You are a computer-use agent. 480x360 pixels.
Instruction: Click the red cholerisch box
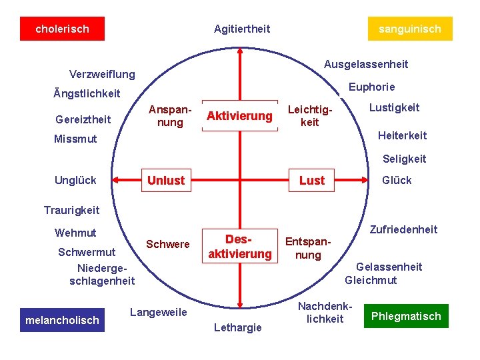[x=62, y=29]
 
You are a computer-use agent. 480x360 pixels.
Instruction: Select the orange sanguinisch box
[x=410, y=29]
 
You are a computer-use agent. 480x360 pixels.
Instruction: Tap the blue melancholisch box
[x=62, y=320]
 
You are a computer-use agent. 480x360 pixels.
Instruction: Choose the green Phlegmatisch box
[x=406, y=316]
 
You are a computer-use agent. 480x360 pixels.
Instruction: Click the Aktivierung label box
[x=239, y=116]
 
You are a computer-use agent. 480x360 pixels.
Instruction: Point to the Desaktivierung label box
[x=239, y=246]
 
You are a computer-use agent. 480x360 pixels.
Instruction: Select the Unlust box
[x=166, y=180]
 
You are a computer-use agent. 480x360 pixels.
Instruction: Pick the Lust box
[x=312, y=180]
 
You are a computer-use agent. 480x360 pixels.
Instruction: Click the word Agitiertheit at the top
[x=242, y=29]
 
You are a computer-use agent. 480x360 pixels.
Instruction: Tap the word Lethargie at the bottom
[x=238, y=327]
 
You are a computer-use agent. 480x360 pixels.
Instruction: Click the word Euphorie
[x=372, y=87]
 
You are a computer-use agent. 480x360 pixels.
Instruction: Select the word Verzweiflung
[x=102, y=74]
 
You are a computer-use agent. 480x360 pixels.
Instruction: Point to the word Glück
[x=397, y=180]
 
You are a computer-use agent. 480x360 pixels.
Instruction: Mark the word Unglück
[x=75, y=180]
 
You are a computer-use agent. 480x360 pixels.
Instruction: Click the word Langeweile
[x=159, y=312]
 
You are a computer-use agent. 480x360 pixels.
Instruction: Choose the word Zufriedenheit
[x=403, y=229]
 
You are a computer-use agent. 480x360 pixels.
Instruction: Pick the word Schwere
[x=168, y=244]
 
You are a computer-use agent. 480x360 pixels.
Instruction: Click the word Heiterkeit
[x=402, y=135]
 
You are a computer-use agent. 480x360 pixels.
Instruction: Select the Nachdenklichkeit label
[x=325, y=313]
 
